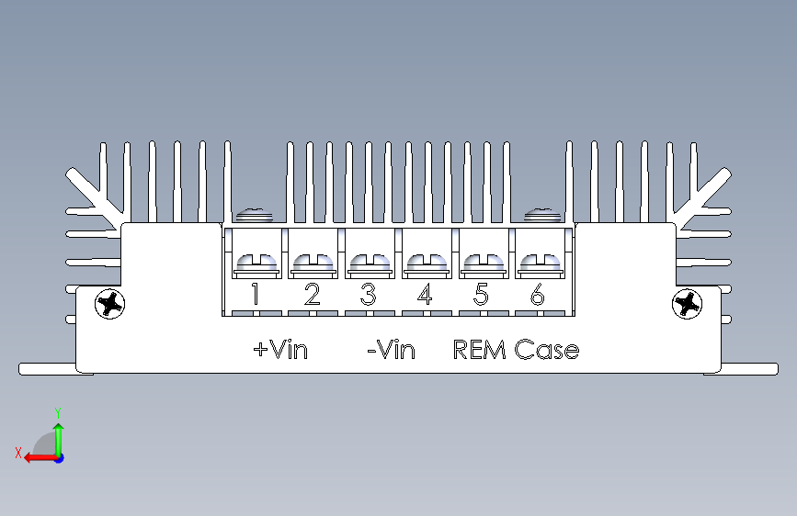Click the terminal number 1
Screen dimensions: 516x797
[x=256, y=295]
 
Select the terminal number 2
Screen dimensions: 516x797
[x=312, y=295]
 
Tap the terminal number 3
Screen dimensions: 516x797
[x=368, y=295]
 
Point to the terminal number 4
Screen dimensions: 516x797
[x=424, y=295]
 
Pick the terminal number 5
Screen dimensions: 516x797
[x=481, y=295]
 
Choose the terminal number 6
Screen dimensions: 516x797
[x=537, y=295]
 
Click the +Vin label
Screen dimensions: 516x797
[x=280, y=350]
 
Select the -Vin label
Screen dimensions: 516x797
[x=391, y=350]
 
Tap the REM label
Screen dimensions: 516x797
[x=481, y=350]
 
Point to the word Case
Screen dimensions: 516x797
[x=547, y=350]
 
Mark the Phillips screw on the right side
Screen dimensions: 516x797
[x=687, y=303]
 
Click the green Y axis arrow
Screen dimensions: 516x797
[x=58, y=434]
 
